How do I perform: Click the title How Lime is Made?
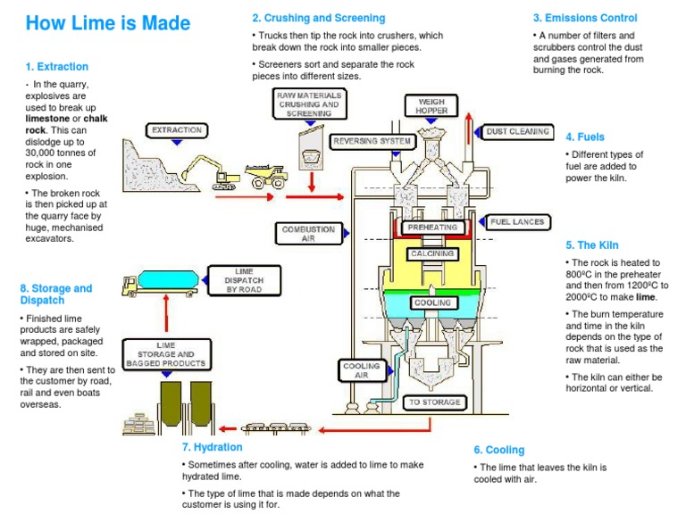[107, 23]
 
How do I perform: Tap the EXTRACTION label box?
[177, 130]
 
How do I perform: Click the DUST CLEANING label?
[518, 131]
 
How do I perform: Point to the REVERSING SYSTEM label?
[372, 141]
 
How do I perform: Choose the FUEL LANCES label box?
[517, 221]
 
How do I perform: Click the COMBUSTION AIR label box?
[308, 234]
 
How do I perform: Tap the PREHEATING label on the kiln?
[432, 228]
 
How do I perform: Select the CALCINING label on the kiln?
[432, 253]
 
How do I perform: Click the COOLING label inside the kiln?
[432, 303]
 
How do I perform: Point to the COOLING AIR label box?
[361, 370]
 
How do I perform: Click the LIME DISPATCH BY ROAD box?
[237, 280]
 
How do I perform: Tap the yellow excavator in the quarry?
[206, 170]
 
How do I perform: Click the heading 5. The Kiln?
[591, 245]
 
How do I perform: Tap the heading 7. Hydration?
[212, 447]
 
